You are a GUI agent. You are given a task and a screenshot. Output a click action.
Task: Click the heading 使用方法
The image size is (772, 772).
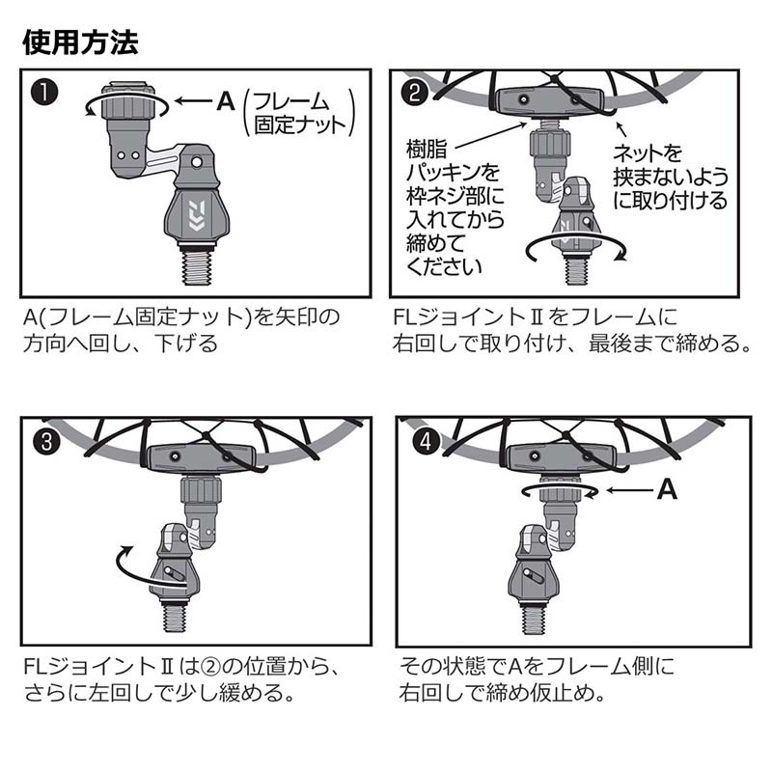point(80,41)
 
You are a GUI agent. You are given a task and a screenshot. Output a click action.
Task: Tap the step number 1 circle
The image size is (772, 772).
point(44,93)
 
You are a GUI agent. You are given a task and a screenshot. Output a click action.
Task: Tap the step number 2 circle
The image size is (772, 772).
point(415,93)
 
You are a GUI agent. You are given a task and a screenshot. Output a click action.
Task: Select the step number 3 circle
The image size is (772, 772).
point(46,442)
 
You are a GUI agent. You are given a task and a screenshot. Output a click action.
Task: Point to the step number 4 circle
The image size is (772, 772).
point(426,441)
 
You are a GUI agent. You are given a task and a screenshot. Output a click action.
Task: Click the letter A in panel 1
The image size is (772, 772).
point(226,101)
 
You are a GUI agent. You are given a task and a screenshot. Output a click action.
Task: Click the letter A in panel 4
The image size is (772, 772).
point(667,490)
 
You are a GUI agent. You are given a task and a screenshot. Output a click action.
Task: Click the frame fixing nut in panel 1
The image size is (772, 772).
point(128,101)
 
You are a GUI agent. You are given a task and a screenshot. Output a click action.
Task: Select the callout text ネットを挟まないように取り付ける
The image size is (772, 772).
point(670,177)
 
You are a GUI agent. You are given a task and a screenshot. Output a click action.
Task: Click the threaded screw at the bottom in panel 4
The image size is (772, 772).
point(534,617)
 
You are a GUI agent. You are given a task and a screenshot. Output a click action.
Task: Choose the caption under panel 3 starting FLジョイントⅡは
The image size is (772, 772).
point(182,680)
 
